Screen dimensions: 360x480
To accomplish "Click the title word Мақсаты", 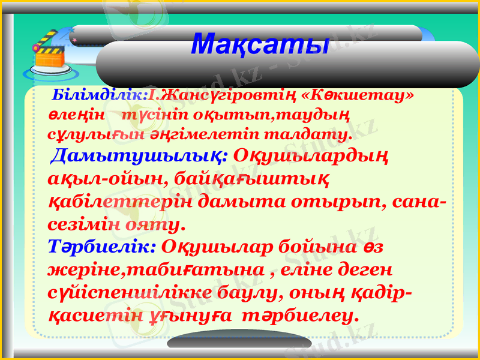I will coord(260,43).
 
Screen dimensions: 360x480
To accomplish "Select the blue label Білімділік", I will coord(100,95).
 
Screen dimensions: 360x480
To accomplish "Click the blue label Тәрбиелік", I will coord(102,247).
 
